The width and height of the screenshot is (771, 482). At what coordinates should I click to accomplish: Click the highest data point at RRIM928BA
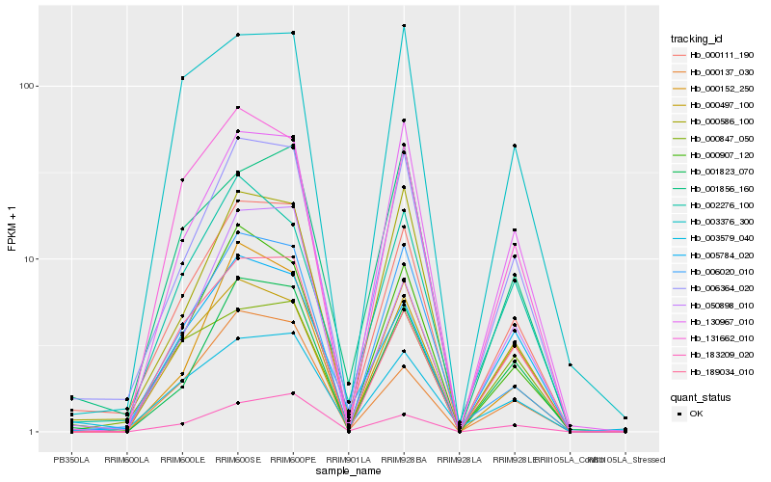[x=404, y=25]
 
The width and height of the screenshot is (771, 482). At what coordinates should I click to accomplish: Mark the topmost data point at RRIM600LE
[x=182, y=77]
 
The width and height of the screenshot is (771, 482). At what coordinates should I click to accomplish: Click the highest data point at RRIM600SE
[x=238, y=35]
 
